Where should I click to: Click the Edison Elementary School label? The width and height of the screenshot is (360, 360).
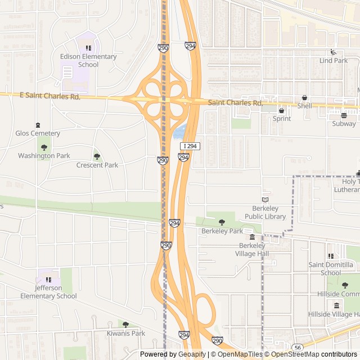click(x=88, y=60)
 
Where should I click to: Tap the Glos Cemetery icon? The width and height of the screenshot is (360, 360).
click(x=38, y=125)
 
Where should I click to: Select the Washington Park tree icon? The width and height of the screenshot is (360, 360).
click(x=44, y=147)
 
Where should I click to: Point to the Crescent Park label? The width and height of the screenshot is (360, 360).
click(x=97, y=165)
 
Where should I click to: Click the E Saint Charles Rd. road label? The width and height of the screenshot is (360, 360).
click(x=49, y=97)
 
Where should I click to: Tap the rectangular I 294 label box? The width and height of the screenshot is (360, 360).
click(x=190, y=146)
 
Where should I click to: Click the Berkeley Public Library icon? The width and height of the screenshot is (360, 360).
click(x=265, y=200)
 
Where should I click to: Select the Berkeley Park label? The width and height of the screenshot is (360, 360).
click(x=222, y=231)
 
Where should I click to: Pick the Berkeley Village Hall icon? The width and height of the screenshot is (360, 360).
click(x=252, y=237)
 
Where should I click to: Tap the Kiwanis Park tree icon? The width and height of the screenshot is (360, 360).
click(x=125, y=325)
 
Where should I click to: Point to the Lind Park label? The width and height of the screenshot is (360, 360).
click(x=334, y=61)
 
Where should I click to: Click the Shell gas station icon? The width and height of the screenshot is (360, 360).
click(x=304, y=97)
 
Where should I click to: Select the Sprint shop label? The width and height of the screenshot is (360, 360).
click(x=282, y=119)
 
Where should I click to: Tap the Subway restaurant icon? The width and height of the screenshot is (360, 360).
click(x=344, y=115)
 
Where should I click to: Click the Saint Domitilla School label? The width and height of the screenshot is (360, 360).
click(x=331, y=269)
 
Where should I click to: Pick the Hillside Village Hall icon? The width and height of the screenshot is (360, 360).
click(x=337, y=305)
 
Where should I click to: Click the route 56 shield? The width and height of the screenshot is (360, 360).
click(x=298, y=348)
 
